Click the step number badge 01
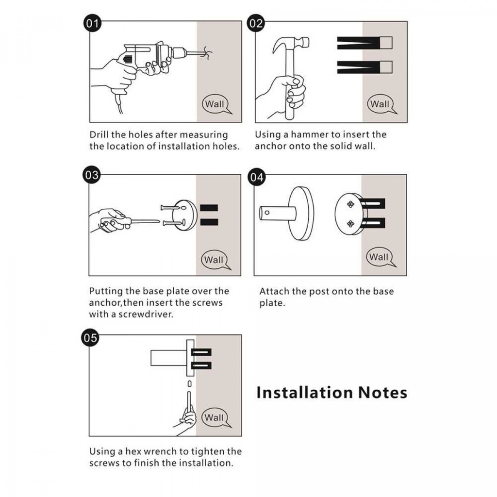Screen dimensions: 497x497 point(92,23)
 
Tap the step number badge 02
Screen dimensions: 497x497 point(256,23)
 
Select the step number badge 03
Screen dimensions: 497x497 point(92,175)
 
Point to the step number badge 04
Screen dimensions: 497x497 point(257,177)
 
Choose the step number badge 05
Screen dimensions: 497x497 point(90,338)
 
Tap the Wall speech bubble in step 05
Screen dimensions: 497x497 point(215,417)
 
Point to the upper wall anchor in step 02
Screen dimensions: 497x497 point(364,43)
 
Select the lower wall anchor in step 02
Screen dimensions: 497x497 point(364,67)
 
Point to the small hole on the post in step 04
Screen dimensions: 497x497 point(267,213)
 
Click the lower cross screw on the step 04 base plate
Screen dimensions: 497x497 point(350,224)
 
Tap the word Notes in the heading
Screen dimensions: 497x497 point(382,392)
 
